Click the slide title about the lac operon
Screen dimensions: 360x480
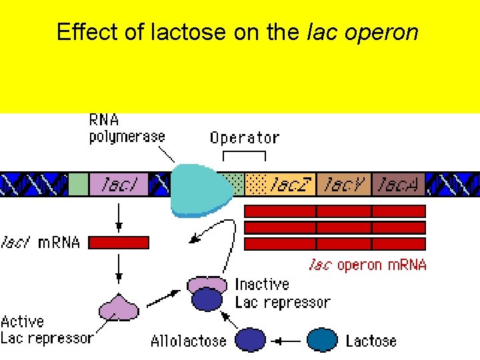point(237,32)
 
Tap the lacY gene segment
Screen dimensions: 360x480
point(343,184)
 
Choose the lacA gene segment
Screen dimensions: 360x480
point(398,184)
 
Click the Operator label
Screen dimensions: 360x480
point(244,138)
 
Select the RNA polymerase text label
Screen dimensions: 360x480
point(127,129)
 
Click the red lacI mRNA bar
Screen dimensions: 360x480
point(119,243)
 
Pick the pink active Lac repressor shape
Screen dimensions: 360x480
point(119,308)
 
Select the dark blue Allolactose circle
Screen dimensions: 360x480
point(251,339)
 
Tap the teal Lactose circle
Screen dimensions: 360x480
point(323,339)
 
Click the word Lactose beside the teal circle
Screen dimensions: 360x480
point(371,341)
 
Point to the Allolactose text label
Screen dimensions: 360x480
point(188,341)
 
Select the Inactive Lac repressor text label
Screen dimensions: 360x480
point(282,293)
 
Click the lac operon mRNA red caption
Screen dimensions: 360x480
point(367,265)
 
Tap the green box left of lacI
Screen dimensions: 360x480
point(79,184)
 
